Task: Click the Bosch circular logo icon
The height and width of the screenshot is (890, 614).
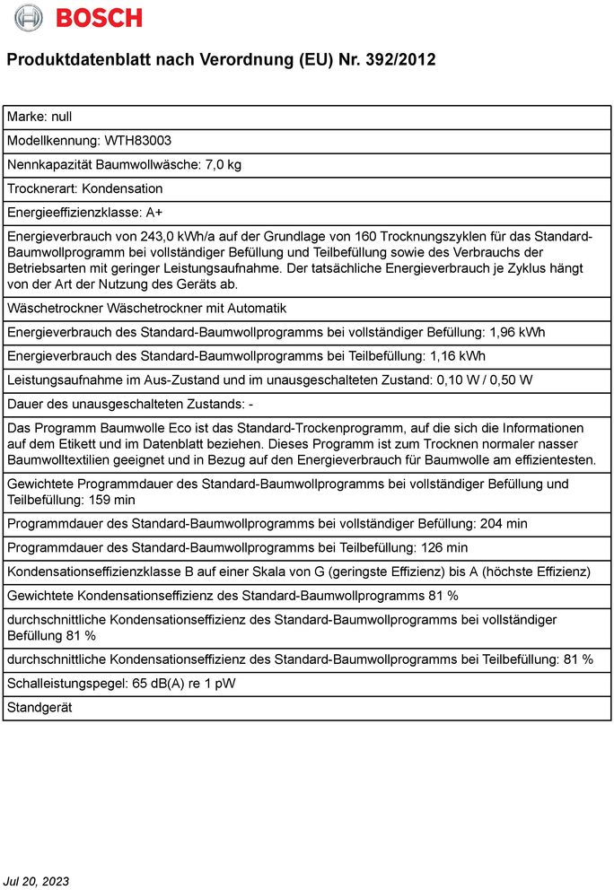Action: [29, 17]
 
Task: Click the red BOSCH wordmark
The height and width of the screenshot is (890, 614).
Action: [99, 17]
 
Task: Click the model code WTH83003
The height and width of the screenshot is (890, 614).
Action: [138, 141]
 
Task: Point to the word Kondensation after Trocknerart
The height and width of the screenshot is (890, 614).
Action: [123, 188]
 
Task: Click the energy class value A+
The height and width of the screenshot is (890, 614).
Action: [155, 213]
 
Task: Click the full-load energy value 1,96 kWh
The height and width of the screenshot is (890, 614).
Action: [517, 332]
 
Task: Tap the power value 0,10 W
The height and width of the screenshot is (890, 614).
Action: [456, 380]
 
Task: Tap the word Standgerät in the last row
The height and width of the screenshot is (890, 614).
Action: [39, 707]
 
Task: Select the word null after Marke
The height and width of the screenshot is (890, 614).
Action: [62, 117]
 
